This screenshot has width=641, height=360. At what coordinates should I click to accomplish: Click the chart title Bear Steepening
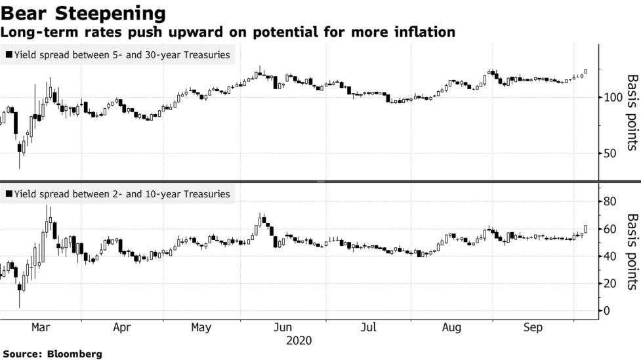pyautogui.click(x=83, y=12)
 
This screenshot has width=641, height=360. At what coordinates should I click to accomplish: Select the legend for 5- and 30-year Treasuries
pyautogui.click(x=118, y=55)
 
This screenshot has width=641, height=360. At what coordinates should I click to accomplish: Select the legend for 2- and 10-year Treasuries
pyautogui.click(x=118, y=194)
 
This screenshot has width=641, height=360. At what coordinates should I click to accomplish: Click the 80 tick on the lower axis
pyautogui.click(x=610, y=201)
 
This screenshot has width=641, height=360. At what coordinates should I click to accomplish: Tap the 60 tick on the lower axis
pyautogui.click(x=610, y=229)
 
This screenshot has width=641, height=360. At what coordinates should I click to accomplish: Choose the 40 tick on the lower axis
pyautogui.click(x=610, y=256)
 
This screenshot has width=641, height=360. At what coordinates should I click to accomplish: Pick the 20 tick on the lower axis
pyautogui.click(x=610, y=283)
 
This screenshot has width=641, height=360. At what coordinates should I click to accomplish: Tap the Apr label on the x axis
pyautogui.click(x=121, y=327)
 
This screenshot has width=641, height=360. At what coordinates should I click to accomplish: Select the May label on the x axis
pyautogui.click(x=201, y=327)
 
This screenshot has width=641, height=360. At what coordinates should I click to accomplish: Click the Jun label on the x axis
pyautogui.click(x=282, y=327)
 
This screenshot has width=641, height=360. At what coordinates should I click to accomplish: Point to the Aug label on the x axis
pyautogui.click(x=451, y=327)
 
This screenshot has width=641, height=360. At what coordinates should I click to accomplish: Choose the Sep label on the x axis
pyautogui.click(x=533, y=327)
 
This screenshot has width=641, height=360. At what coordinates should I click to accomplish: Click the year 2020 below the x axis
pyautogui.click(x=299, y=341)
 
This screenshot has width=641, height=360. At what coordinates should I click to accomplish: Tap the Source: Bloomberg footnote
pyautogui.click(x=51, y=354)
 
